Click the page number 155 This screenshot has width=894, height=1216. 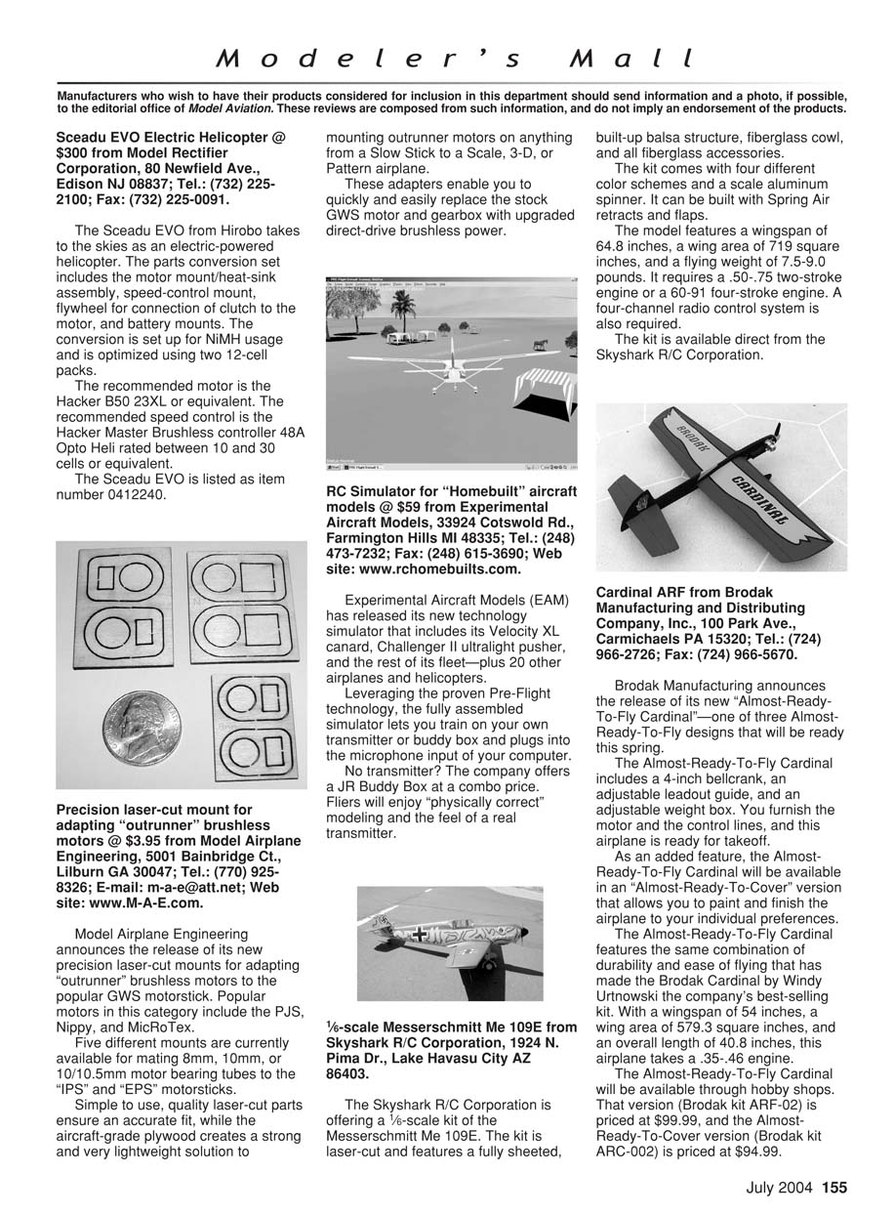pyautogui.click(x=833, y=1189)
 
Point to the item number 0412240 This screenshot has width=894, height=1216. pyautogui.click(x=131, y=494)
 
